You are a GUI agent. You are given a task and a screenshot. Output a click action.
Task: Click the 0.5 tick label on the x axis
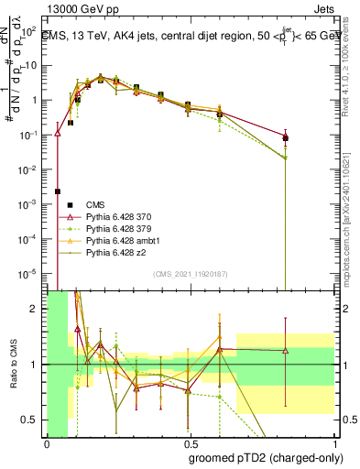[x=191, y=444]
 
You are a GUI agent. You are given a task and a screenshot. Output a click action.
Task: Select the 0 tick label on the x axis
[x=47, y=444]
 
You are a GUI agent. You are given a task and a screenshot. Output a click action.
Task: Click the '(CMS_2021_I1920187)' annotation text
[x=191, y=274]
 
